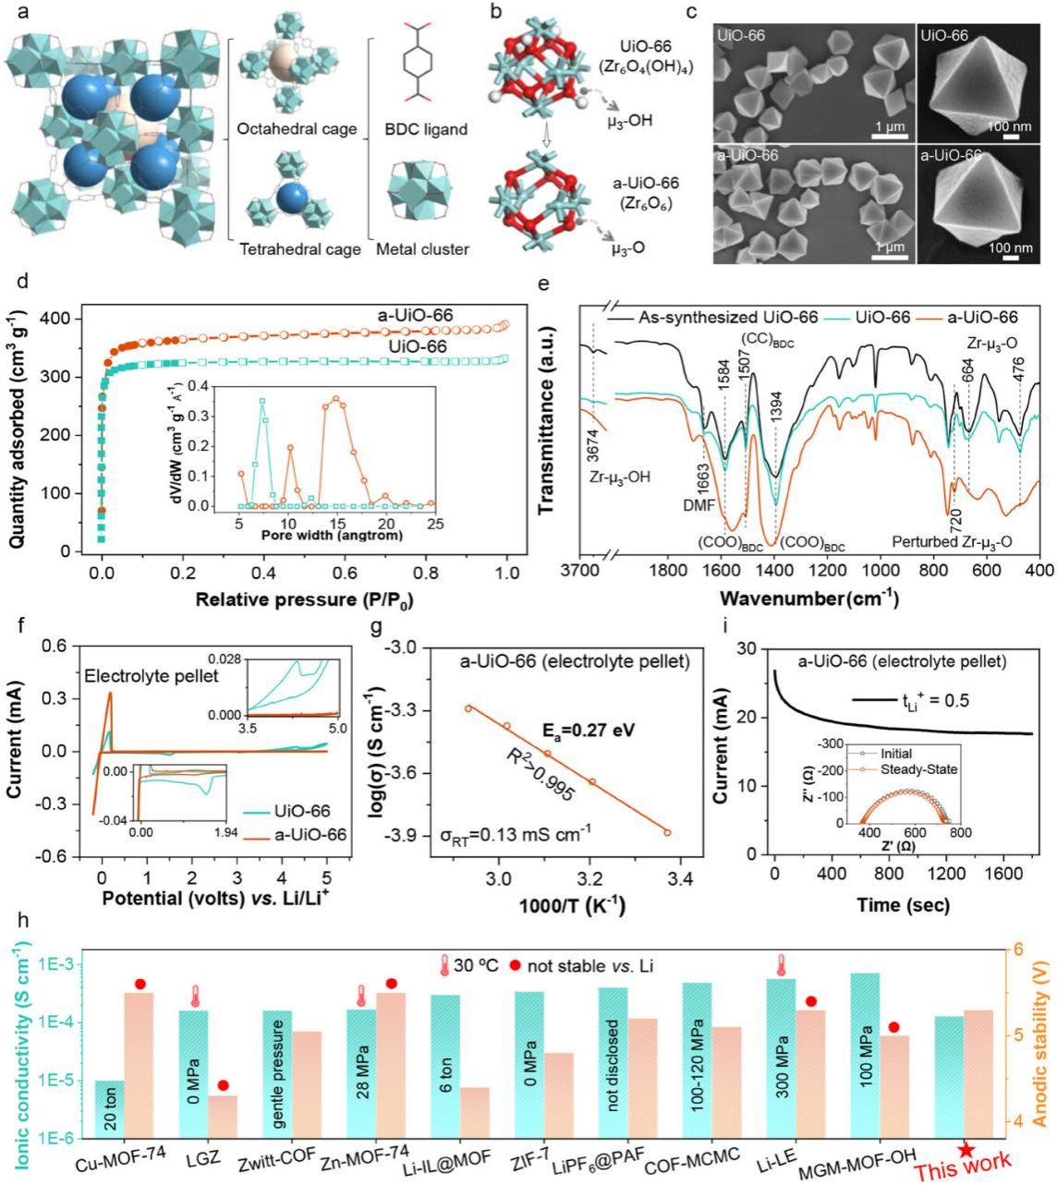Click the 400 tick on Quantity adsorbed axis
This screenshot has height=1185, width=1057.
click(69, 319)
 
